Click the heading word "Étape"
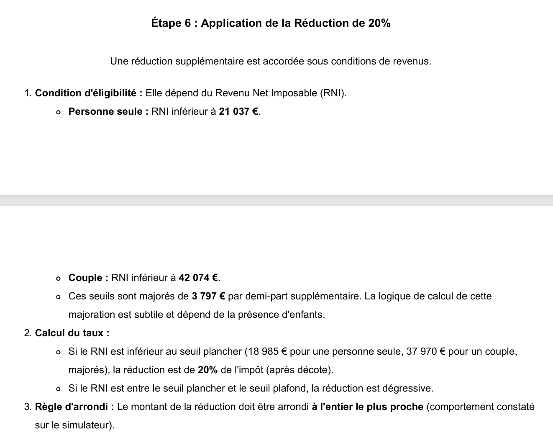coord(166,23)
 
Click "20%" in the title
coord(379,23)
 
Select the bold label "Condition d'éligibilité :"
coord(89,93)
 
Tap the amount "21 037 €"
coord(238,111)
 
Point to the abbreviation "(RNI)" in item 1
coord(333,93)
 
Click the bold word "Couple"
coord(86,278)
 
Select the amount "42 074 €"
coord(198,278)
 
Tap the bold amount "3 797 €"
coord(208,296)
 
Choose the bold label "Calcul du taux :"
coord(72,333)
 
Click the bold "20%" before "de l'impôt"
coord(207,370)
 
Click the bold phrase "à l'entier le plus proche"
coord(368,407)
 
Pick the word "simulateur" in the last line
coord(87,425)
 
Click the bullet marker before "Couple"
coord(58,278)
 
